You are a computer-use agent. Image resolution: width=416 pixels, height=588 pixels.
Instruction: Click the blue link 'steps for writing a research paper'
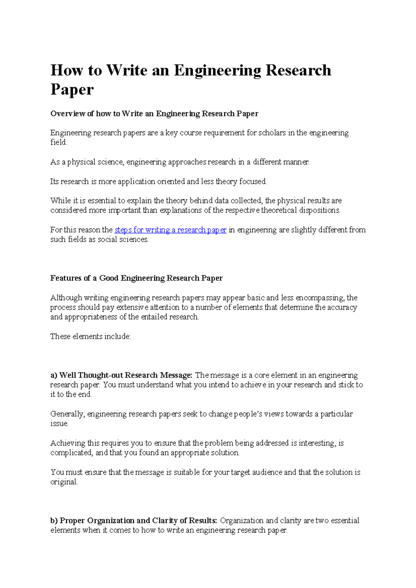pos(170,230)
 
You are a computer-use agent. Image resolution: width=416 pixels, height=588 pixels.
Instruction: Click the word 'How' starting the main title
pos(66,71)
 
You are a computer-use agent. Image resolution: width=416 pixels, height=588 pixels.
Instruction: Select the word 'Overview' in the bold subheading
pos(68,114)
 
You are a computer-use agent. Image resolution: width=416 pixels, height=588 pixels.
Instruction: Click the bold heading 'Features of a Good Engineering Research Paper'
pos(136,278)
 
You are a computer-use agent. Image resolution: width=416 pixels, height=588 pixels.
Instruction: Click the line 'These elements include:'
pos(90,337)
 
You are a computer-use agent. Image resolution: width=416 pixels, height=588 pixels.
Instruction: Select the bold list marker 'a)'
pos(54,375)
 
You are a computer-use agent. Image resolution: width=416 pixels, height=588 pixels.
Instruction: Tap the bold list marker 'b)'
pos(54,521)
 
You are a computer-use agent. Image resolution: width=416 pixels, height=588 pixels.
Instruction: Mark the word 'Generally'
pos(67,414)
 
